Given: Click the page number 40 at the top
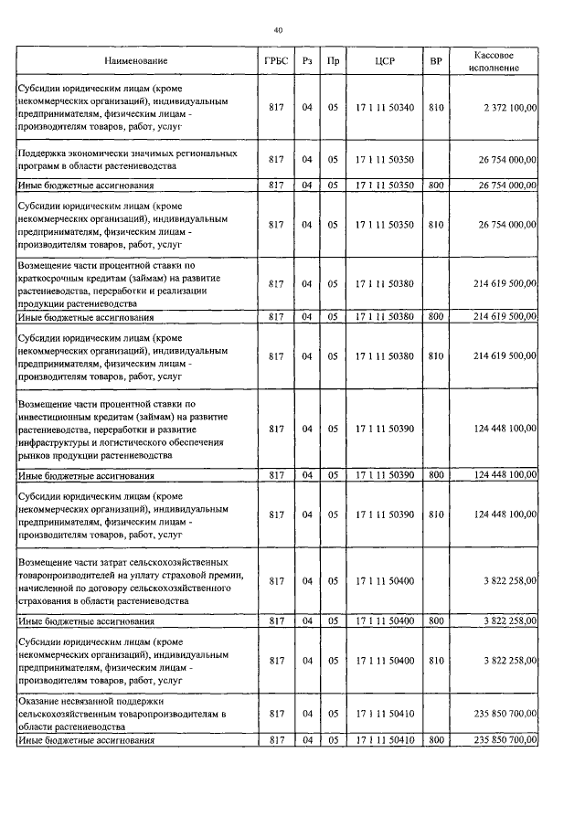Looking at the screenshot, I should pos(279,30).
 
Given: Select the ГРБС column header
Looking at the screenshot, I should pos(276,62).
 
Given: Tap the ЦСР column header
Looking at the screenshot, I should pos(385,62).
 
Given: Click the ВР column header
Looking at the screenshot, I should pos(436,62).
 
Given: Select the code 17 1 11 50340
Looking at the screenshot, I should pos(385,108).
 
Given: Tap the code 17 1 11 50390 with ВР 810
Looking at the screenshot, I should pos(385,515).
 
